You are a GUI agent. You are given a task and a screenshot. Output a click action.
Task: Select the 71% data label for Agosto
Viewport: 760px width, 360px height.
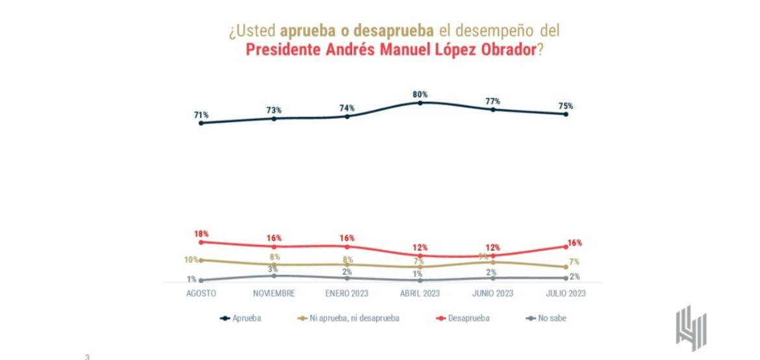click(x=201, y=115)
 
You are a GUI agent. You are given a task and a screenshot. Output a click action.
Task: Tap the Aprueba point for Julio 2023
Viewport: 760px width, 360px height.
click(x=566, y=114)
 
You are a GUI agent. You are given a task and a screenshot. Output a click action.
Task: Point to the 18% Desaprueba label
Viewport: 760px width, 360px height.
click(x=201, y=234)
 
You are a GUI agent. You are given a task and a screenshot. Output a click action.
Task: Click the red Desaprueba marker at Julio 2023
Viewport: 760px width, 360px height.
click(x=566, y=246)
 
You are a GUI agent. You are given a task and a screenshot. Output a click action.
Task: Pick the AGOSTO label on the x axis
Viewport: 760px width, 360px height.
click(x=201, y=294)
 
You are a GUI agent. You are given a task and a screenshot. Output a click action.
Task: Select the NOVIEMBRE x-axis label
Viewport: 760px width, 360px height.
click(x=273, y=294)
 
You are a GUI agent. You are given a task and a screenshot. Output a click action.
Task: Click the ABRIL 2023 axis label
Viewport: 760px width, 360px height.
click(x=420, y=294)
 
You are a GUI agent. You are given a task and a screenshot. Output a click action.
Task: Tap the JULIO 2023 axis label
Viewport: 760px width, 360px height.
click(x=566, y=294)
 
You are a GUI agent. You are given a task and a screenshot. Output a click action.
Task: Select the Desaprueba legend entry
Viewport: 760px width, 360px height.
click(x=462, y=318)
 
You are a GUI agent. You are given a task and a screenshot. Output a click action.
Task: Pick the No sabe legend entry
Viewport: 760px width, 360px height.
click(x=544, y=318)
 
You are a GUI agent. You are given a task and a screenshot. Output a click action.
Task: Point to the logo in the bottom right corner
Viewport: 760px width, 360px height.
click(x=690, y=328)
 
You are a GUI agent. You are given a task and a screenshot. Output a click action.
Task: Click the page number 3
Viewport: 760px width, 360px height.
click(x=87, y=356)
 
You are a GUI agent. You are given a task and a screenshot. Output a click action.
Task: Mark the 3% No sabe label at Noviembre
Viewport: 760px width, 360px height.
click(x=273, y=269)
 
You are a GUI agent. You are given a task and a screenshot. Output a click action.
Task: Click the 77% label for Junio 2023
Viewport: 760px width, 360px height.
click(x=492, y=101)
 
